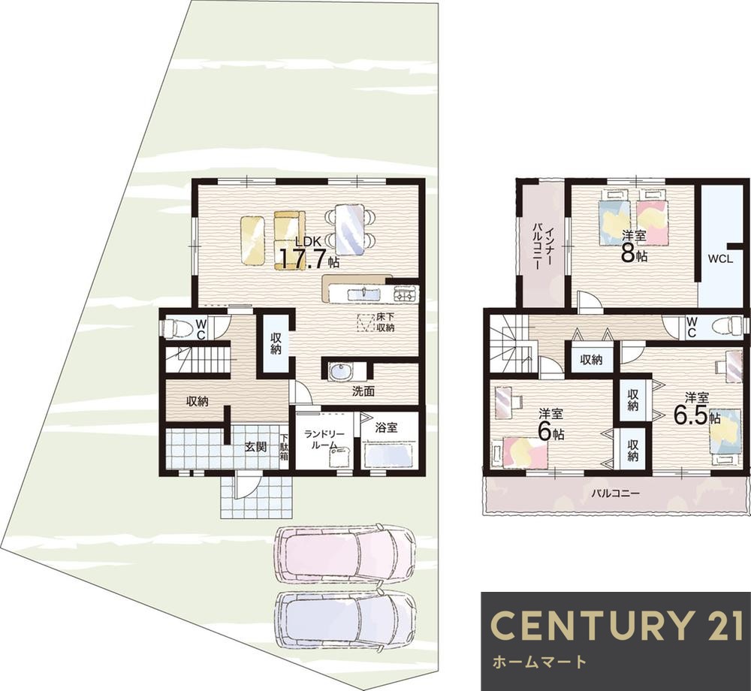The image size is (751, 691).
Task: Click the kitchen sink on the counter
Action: coord(363,294)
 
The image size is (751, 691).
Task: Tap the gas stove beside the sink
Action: coord(406,293)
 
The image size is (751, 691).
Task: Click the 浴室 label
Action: coord(386,427)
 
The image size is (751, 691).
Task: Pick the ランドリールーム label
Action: coord(325,439)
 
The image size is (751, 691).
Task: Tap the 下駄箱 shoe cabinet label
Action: coord(285,447)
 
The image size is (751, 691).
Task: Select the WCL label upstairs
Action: coord(721,259)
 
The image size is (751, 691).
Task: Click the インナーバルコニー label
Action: coord(543,246)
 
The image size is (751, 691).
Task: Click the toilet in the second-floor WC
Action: coord(726,327)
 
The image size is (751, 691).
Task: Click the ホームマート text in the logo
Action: coord(538,662)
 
